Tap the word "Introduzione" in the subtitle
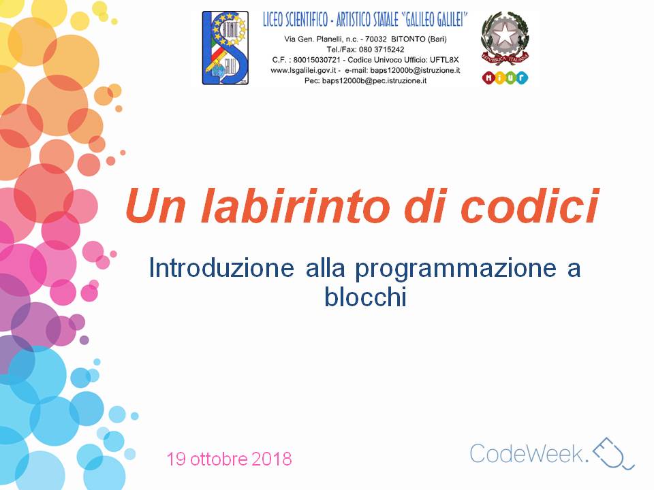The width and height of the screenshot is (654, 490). pyautogui.click(x=221, y=268)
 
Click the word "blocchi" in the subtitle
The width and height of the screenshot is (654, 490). pyautogui.click(x=365, y=297)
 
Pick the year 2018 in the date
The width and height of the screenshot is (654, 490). pyautogui.click(x=272, y=459)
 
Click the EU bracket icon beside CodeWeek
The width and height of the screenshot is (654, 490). pyautogui.click(x=614, y=453)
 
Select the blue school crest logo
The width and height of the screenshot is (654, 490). pyautogui.click(x=225, y=48)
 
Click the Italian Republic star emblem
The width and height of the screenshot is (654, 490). pyautogui.click(x=505, y=38)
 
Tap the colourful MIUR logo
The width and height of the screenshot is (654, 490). pyautogui.click(x=505, y=78)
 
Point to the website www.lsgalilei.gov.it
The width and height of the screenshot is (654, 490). pyautogui.click(x=303, y=70)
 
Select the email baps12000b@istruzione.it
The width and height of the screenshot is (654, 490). pyautogui.click(x=415, y=70)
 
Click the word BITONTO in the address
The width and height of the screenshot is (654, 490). pyautogui.click(x=408, y=39)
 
